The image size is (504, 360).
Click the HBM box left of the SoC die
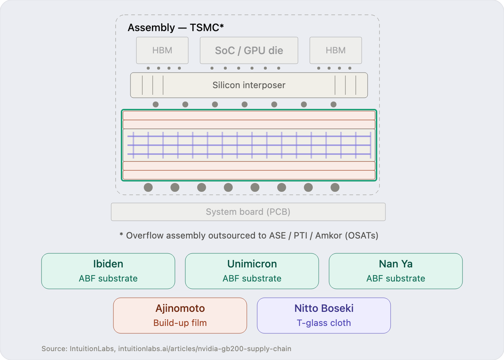tap(162, 50)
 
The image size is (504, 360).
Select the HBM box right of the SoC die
tap(336, 50)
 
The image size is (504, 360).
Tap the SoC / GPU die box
tap(249, 50)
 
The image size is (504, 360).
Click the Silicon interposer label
tap(249, 85)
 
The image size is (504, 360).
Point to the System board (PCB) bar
tap(248, 212)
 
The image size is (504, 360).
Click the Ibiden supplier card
tap(108, 271)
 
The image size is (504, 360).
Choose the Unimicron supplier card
tap(252, 271)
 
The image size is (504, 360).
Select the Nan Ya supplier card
tap(395, 271)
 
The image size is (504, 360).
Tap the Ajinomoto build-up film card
tap(180, 316)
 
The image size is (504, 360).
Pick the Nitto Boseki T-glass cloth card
tap(324, 316)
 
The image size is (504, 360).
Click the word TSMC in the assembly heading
tap(205, 28)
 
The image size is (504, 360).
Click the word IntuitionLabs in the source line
tap(92, 349)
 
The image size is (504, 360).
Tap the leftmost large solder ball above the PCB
tap(148, 187)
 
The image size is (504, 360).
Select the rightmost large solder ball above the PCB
tap(335, 187)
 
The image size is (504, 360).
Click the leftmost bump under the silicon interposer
tap(156, 104)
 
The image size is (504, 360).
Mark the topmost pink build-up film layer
tap(249, 116)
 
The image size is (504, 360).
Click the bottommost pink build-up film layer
tap(249, 175)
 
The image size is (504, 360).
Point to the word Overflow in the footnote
tap(145, 236)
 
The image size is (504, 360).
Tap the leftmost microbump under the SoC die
tap(212, 68)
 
